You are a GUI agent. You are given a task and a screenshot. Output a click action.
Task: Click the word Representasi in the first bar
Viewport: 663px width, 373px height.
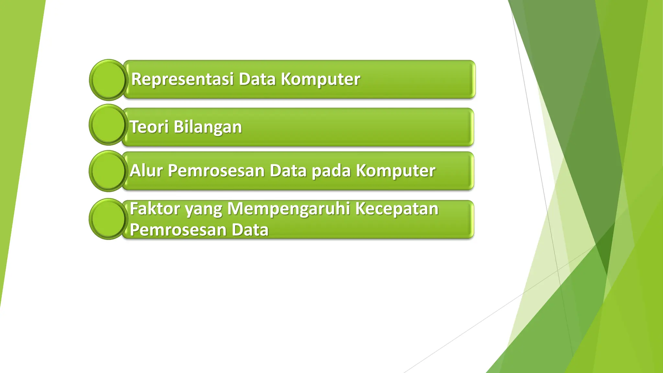(182, 79)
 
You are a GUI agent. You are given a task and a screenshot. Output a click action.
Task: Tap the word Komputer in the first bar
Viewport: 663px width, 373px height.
(320, 79)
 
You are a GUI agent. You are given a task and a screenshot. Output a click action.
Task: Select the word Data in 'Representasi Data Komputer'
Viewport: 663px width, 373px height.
(257, 79)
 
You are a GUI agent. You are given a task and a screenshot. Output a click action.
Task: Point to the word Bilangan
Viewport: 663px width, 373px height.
(208, 127)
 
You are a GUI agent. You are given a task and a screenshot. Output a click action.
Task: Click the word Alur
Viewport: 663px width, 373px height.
(146, 171)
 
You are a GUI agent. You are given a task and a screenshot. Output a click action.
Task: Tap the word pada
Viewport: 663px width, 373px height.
(331, 171)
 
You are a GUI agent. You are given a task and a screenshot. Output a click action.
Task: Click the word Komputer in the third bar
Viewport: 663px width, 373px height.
(396, 171)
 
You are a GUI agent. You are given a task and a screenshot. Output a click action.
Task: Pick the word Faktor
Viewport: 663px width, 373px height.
(155, 209)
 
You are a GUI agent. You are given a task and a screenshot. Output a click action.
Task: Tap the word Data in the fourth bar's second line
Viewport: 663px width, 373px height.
(250, 230)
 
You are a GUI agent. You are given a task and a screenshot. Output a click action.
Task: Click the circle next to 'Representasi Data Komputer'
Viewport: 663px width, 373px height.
(108, 80)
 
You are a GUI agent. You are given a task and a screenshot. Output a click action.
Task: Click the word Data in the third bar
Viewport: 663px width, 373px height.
(288, 171)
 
